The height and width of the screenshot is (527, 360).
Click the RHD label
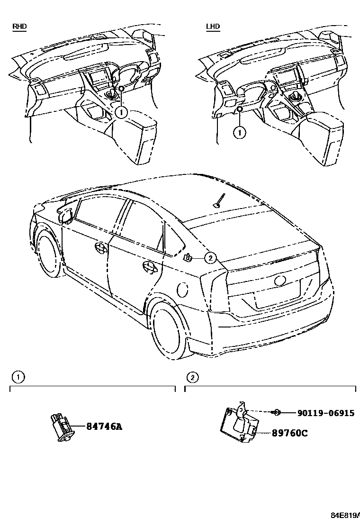(19, 27)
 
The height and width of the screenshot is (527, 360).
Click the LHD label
(213, 27)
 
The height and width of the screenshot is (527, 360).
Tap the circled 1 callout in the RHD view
(121, 112)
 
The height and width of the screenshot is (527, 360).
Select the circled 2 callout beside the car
(210, 257)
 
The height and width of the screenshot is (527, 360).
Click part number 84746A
(104, 427)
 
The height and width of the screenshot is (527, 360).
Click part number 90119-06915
(325, 413)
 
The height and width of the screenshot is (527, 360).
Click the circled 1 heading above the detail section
(18, 377)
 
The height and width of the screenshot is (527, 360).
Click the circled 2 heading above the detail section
(192, 377)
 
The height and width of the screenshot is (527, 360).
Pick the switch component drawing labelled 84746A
(63, 427)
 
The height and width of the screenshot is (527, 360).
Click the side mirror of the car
(65, 214)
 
